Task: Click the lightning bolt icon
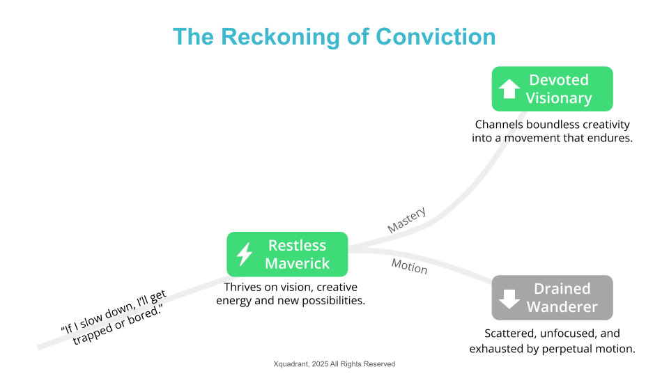point(244,254)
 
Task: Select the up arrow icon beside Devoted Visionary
point(509,89)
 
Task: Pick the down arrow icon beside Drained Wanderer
point(509,298)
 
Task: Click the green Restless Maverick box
point(287,254)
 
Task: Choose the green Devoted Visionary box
point(552,89)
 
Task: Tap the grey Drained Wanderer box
point(552,298)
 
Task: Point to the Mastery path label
point(406,219)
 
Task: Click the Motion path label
point(409,265)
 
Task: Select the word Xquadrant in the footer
point(293,364)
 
